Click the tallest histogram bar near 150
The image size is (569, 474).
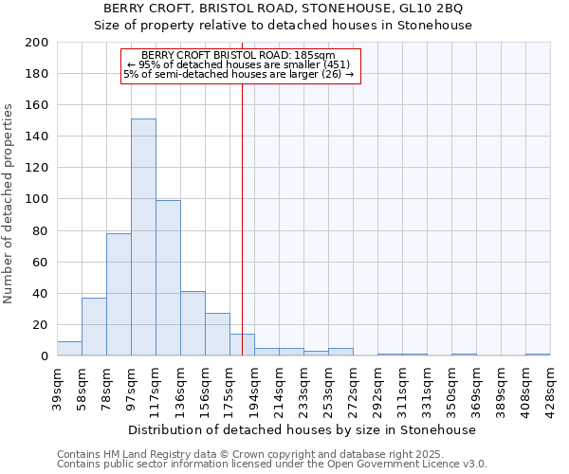(x=143, y=237)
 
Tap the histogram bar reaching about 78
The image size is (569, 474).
(x=119, y=294)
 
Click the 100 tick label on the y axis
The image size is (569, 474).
(x=37, y=199)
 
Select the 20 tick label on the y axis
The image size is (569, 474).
(x=41, y=325)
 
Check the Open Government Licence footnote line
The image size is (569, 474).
(x=272, y=465)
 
